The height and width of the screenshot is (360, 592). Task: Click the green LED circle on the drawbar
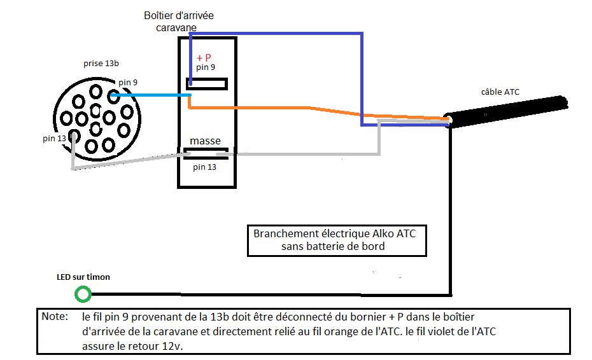[83, 294]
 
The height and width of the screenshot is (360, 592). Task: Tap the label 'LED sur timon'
[83, 277]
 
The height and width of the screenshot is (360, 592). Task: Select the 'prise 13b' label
[101, 64]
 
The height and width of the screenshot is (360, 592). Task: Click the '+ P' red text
[204, 58]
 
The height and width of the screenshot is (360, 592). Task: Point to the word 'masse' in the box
[205, 141]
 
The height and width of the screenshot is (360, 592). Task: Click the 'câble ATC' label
[500, 92]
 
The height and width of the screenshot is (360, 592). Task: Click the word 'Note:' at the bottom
[53, 316]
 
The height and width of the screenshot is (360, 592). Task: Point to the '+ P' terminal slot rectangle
[206, 83]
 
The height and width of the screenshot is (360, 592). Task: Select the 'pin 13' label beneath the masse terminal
[204, 167]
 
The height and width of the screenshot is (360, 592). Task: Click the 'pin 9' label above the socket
[127, 82]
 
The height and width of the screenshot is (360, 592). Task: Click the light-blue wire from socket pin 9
[153, 95]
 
